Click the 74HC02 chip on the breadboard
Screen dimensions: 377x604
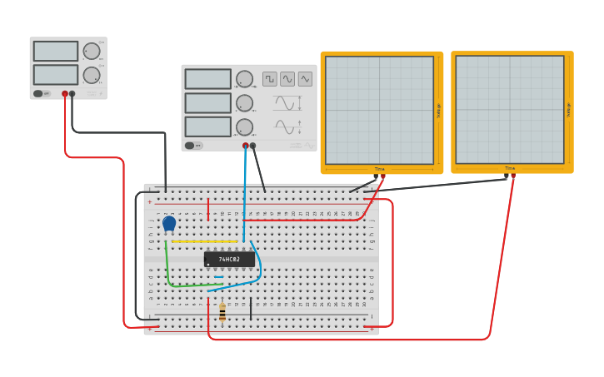[x=229, y=259]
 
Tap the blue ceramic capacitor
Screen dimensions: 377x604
[x=169, y=223]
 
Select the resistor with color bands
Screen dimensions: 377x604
[x=222, y=312]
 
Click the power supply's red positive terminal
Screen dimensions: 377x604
[x=65, y=94]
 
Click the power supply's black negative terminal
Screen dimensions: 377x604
[x=72, y=94]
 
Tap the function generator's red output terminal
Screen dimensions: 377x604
[x=245, y=146]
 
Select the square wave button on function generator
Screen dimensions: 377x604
[x=270, y=79]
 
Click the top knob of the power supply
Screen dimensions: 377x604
[x=92, y=52]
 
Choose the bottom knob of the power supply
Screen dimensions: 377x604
[x=92, y=75]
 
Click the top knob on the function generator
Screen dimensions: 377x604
[x=244, y=79]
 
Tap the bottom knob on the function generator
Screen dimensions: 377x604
[x=244, y=127]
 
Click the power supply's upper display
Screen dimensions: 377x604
[x=56, y=52]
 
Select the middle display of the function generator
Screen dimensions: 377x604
[x=208, y=103]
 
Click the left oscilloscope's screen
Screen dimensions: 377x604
[x=379, y=110]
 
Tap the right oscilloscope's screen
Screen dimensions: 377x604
[x=509, y=110]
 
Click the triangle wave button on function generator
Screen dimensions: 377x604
[x=305, y=79]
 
